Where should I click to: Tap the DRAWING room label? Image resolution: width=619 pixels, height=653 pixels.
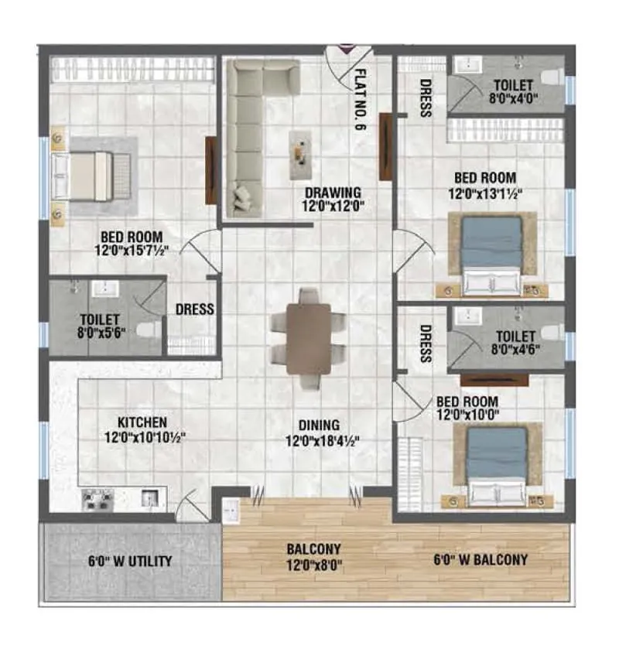coord(333,193)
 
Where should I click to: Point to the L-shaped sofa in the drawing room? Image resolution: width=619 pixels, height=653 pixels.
coord(255,132)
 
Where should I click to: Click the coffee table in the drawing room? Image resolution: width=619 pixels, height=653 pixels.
coord(300,149)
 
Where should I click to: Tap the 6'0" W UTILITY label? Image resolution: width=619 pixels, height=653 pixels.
coord(130,561)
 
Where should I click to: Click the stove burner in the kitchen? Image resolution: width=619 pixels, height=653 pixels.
coord(99,499)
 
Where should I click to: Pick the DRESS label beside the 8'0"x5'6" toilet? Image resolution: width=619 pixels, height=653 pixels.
coord(194,309)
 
